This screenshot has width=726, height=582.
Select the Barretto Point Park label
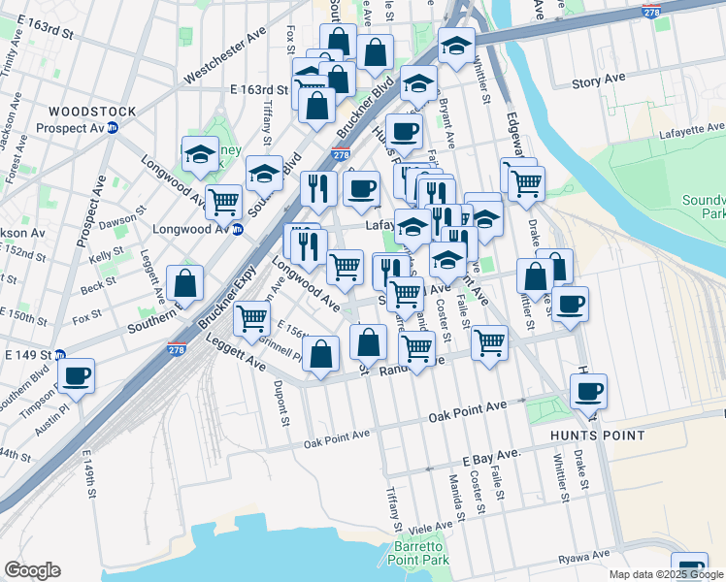pyautogui.click(x=418, y=553)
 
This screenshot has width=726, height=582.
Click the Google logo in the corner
pyautogui.click(x=32, y=570)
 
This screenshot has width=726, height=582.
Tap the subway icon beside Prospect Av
pyautogui.click(x=113, y=127)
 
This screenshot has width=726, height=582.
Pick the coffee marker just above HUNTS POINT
pyautogui.click(x=588, y=392)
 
